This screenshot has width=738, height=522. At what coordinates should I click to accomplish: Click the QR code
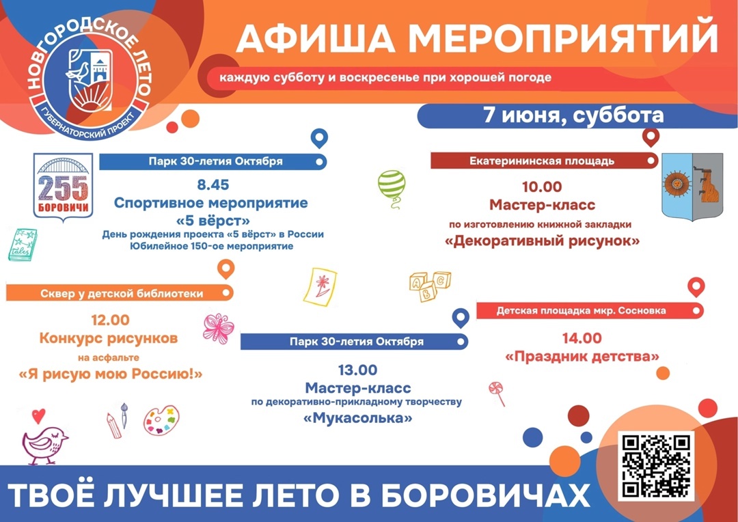[655, 465]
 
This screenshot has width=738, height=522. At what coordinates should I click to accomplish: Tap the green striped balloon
[392, 187]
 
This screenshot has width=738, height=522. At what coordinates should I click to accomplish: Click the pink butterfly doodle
[218, 328]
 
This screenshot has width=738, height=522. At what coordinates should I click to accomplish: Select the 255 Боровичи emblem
[63, 185]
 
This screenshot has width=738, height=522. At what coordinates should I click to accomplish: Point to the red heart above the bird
[38, 416]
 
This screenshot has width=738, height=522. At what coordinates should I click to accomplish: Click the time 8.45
[213, 184]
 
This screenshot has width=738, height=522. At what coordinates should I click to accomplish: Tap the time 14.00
[582, 338]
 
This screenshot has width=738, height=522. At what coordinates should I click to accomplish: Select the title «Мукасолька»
[358, 417]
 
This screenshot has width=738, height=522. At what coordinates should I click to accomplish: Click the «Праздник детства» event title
[582, 357]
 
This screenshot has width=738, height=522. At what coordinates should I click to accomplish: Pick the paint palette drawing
[161, 420]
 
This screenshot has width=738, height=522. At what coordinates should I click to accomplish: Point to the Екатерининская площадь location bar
[544, 161]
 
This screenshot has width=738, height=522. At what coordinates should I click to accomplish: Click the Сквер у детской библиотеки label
[122, 294]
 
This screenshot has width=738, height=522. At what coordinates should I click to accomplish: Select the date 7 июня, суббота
[574, 115]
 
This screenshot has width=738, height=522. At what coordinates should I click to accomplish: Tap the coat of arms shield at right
[692, 187]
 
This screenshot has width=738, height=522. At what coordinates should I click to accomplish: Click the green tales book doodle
[23, 245]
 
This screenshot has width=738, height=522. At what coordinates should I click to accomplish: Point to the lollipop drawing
[497, 394]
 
